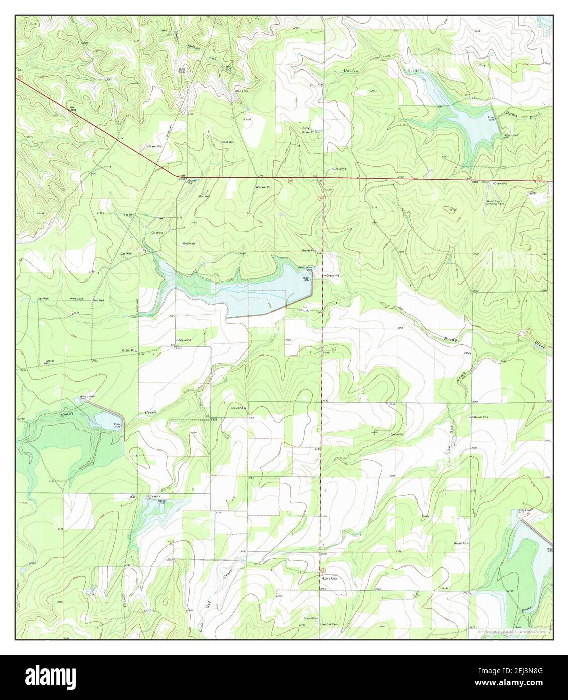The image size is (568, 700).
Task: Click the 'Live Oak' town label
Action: [x=331, y=578]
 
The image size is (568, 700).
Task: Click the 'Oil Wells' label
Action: [x=157, y=233]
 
